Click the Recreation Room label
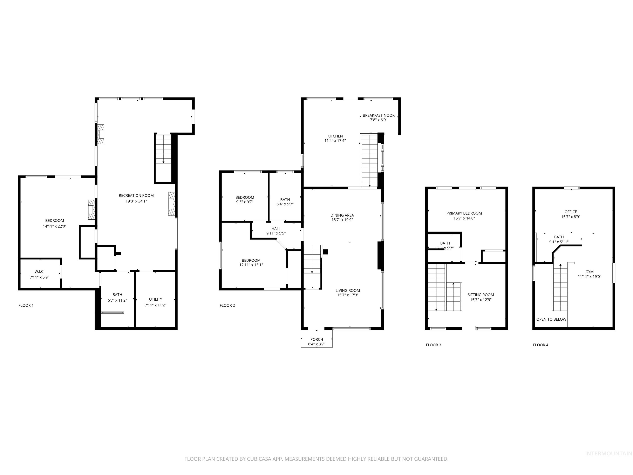coord(136,196)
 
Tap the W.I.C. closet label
coord(40,272)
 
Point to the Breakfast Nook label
coord(378,115)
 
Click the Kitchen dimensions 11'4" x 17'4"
coord(335,141)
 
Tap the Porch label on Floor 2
coord(316,339)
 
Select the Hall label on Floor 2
coord(276,229)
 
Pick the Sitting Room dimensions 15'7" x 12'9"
coord(481,300)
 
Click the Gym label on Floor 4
coord(589,272)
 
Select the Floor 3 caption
coord(433,345)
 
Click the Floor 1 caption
coord(26,306)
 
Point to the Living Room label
coord(348,290)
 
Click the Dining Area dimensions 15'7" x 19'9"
coord(342,220)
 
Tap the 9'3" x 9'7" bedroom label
coord(244,202)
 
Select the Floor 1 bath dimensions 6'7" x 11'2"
coord(117,300)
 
